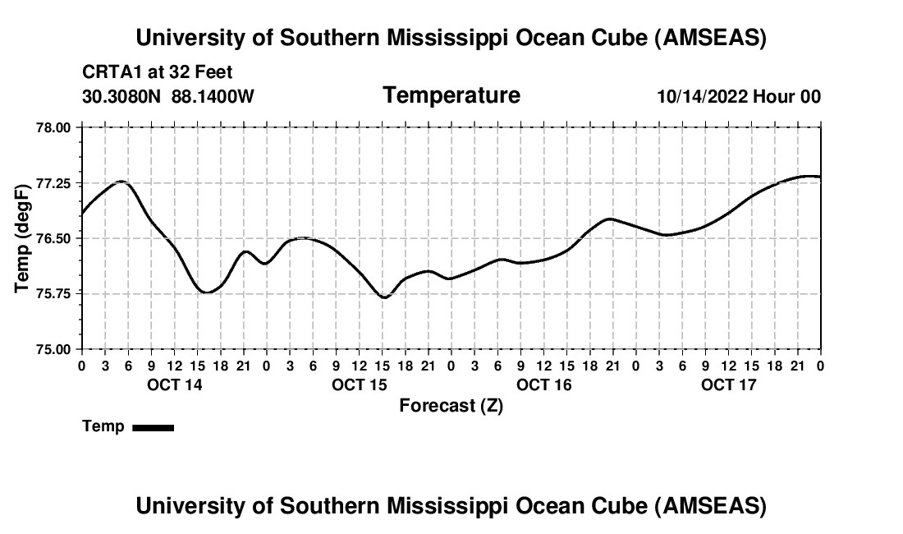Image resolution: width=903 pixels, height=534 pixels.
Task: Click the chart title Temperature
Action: point(451,95)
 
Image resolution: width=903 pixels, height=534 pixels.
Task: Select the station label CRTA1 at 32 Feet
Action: point(158,72)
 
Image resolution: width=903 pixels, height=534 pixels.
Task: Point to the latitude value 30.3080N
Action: point(123,96)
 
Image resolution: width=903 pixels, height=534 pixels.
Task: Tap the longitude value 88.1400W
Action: point(213,96)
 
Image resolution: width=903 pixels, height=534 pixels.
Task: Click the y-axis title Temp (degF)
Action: point(23,238)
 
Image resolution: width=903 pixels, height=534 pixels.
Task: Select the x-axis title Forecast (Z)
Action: point(451,405)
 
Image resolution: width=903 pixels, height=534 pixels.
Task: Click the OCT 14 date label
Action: point(174,384)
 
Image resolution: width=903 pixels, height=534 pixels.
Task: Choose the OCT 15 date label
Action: point(359,384)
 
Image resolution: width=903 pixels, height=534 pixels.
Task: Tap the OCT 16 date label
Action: point(543,384)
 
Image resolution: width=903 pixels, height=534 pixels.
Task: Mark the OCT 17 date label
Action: point(728,384)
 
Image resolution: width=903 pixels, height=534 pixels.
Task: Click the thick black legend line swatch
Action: point(154,427)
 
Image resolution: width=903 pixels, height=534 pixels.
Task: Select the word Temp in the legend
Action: point(103,426)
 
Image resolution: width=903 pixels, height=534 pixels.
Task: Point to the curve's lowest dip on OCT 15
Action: point(383,297)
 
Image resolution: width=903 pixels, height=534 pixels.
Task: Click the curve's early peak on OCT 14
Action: point(121,182)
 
